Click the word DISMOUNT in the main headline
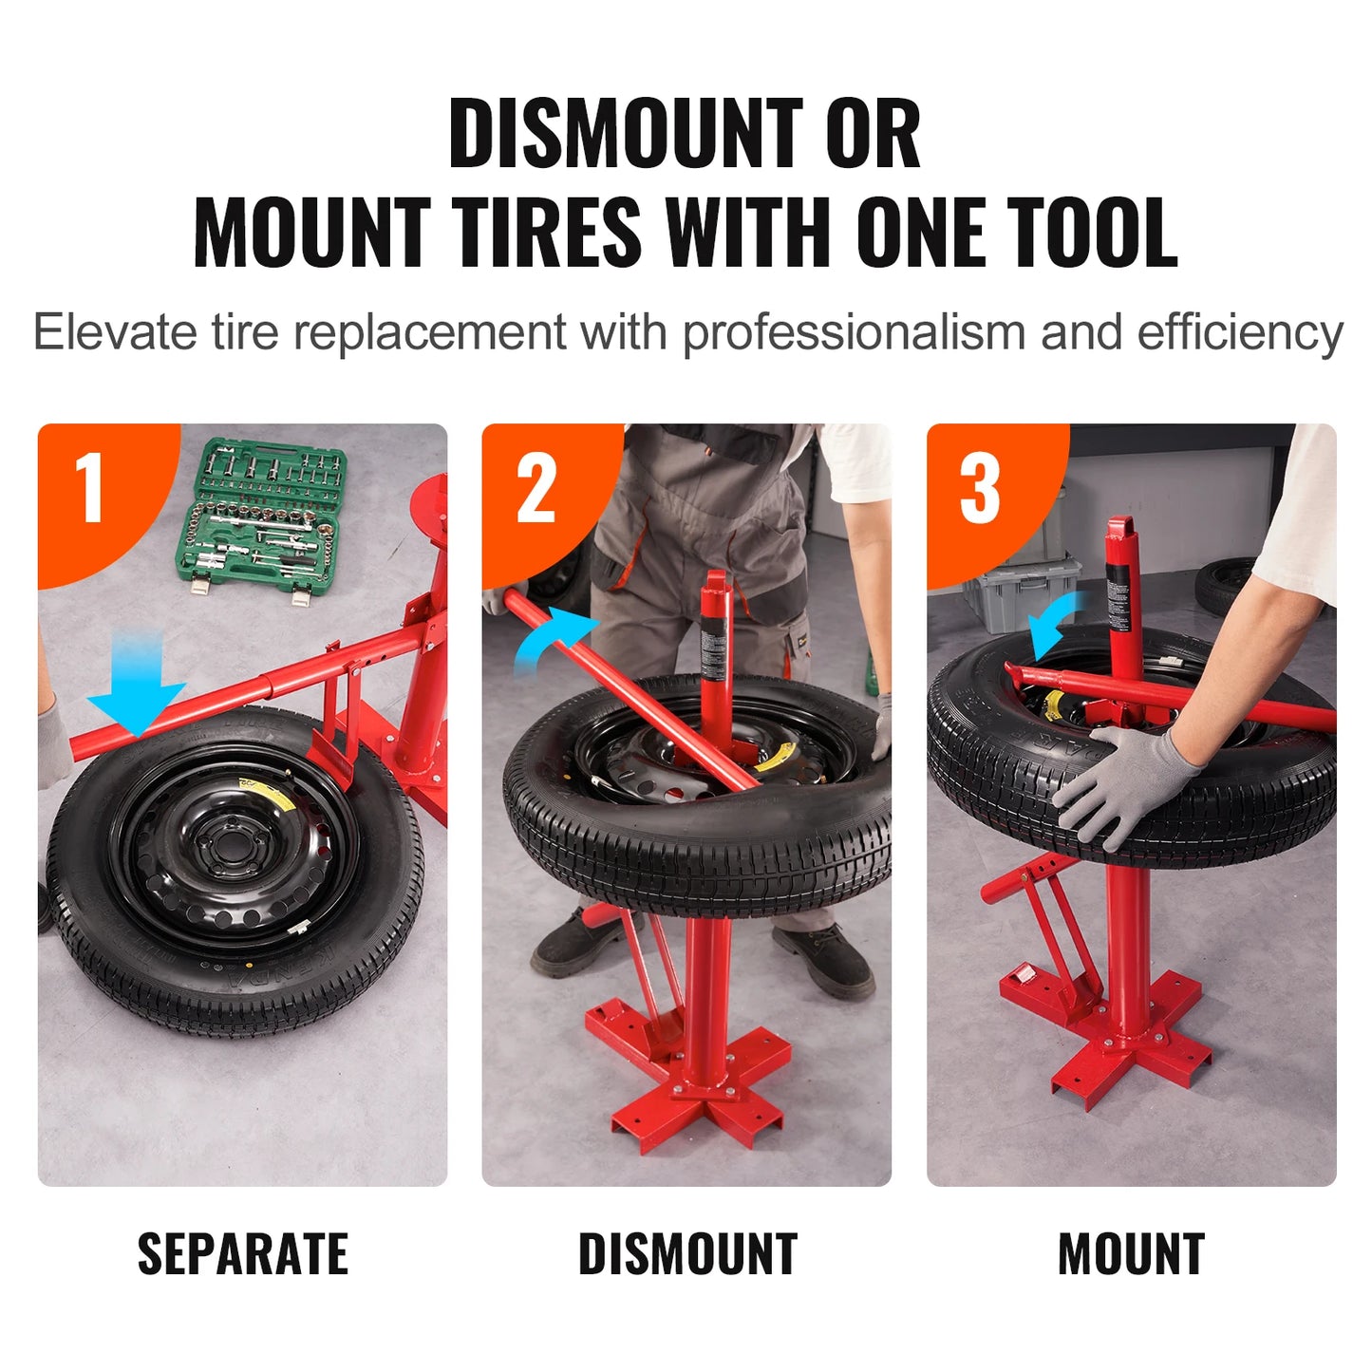pyautogui.click(x=628, y=135)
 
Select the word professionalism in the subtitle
pyautogui.click(x=854, y=333)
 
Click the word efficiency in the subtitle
pyautogui.click(x=1239, y=333)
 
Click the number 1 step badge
pyautogui.click(x=90, y=488)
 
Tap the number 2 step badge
pyautogui.click(x=536, y=490)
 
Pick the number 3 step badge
pyautogui.click(x=980, y=490)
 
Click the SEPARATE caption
pyautogui.click(x=242, y=1254)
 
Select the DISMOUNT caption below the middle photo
pyautogui.click(x=687, y=1254)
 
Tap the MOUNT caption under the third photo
pyautogui.click(x=1131, y=1254)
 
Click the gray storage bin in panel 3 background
pyautogui.click(x=1021, y=593)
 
